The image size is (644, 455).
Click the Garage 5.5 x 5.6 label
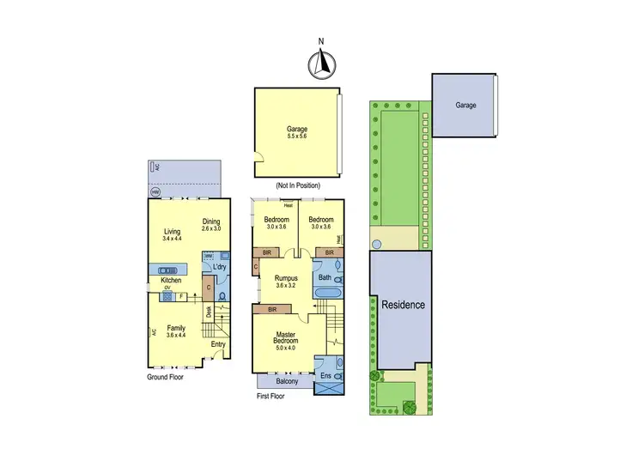(297, 133)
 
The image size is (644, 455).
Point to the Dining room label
(211, 225)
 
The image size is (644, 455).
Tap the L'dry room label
(218, 267)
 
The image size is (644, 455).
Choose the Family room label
(176, 331)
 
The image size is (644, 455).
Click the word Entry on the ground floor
(219, 345)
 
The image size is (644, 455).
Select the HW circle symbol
(155, 192)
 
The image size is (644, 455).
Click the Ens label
(325, 376)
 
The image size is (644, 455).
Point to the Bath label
(325, 277)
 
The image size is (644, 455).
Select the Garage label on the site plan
(465, 105)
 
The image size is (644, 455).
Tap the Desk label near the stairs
(208, 312)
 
